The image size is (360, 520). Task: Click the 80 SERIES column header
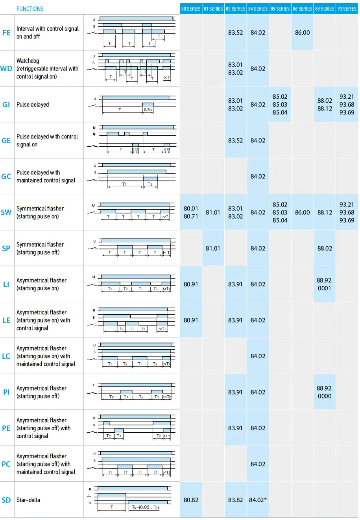(x=191, y=9)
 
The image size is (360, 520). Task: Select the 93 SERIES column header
(x=347, y=9)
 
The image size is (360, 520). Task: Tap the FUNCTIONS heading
(x=30, y=9)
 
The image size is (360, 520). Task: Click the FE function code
(x=6, y=33)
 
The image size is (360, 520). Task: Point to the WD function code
(x=6, y=68)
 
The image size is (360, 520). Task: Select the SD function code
(x=6, y=500)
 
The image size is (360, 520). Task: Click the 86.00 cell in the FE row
(x=302, y=33)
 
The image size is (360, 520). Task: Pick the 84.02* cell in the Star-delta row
(x=258, y=500)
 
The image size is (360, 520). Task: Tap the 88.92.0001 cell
(x=325, y=284)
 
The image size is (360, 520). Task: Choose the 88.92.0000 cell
(x=325, y=392)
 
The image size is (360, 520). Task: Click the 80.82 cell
(x=191, y=500)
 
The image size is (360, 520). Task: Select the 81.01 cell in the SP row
(x=213, y=248)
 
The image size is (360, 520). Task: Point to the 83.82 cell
(x=235, y=500)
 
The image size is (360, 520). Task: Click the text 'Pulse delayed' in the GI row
(x=33, y=105)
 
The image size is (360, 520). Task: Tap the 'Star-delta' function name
(x=28, y=500)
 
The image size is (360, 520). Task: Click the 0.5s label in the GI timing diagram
(x=148, y=110)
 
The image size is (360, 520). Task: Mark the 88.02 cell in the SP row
(x=325, y=248)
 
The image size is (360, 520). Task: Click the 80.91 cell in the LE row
(x=191, y=320)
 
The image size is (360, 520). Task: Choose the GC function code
(x=6, y=176)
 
